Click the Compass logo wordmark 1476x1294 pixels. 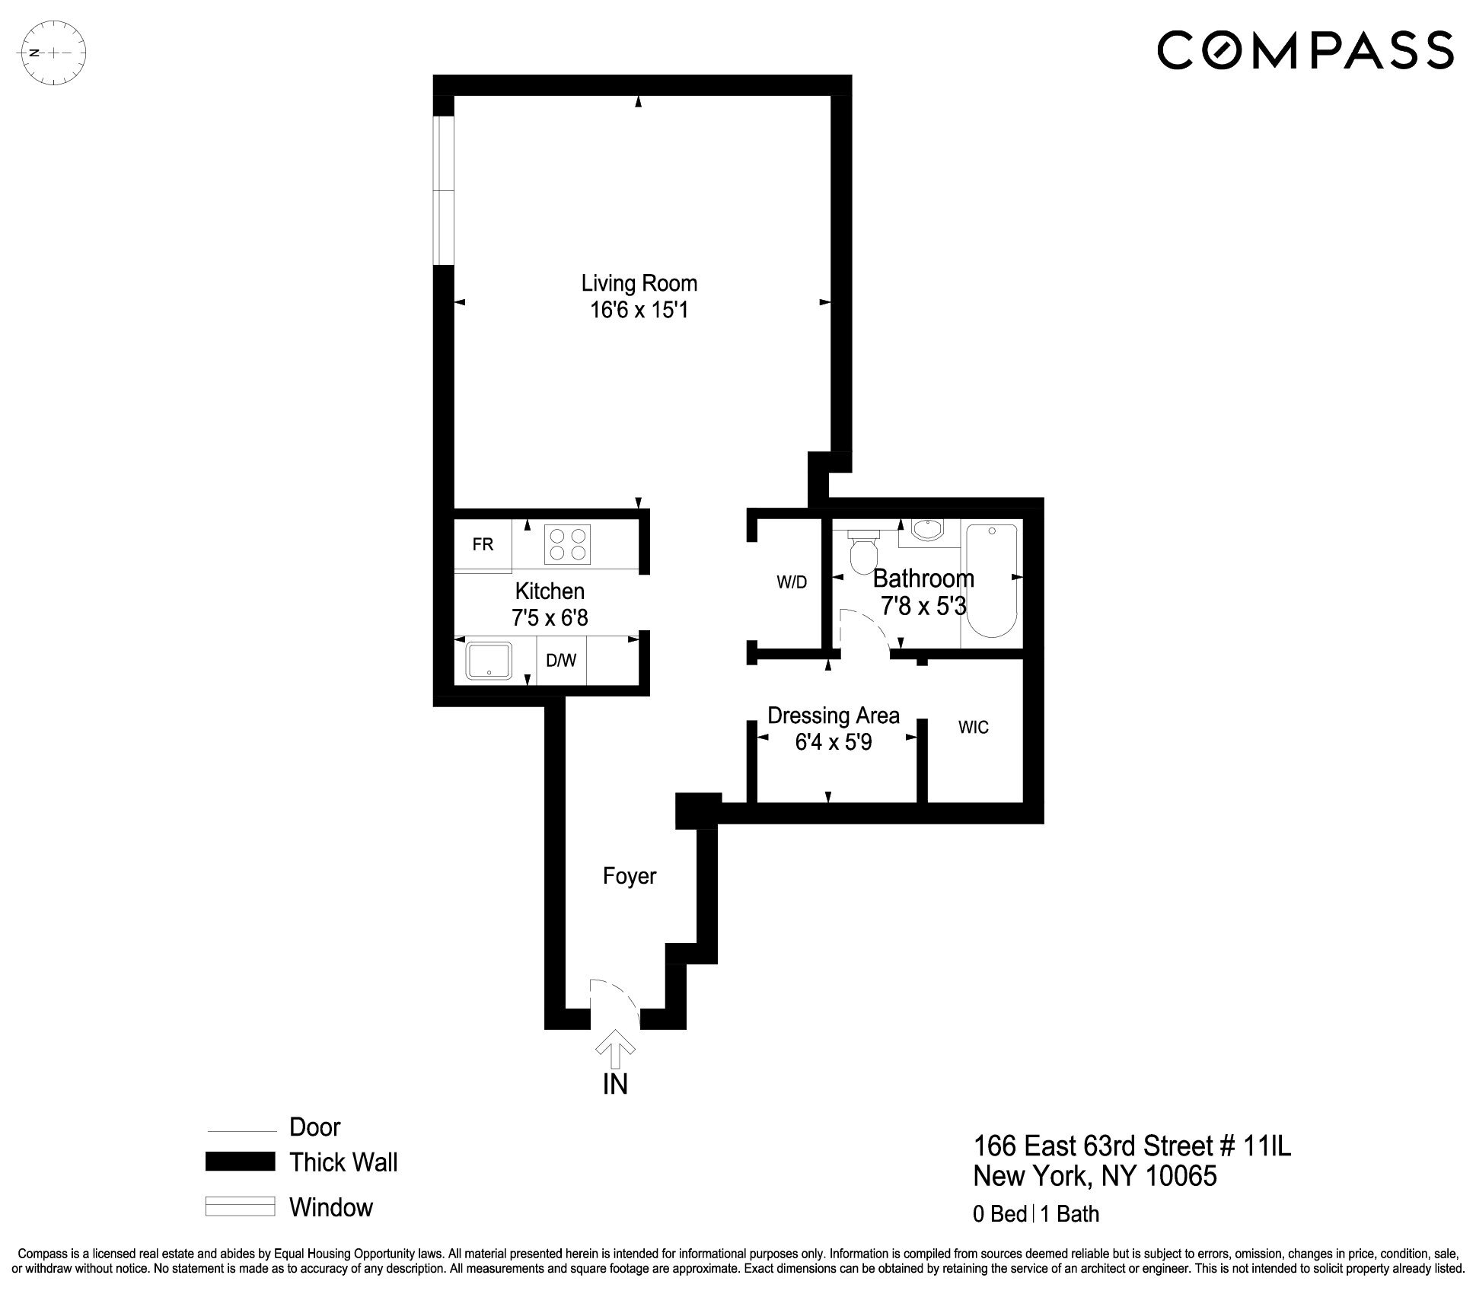[x=1305, y=50]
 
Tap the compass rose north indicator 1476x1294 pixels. [x=54, y=53]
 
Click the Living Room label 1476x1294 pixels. [x=639, y=283]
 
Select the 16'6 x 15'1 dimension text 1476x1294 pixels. [x=639, y=311]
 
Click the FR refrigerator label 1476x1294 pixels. [x=483, y=544]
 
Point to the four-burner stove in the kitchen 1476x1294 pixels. [x=567, y=544]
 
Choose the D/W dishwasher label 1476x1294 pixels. [x=561, y=661]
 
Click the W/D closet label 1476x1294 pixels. [x=792, y=582]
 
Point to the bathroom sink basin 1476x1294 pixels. [x=926, y=531]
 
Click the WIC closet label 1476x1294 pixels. [x=973, y=728]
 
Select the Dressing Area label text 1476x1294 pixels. [x=833, y=716]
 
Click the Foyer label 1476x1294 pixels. [x=629, y=876]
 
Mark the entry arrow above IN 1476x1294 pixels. [x=615, y=1052]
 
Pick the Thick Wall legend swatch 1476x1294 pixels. [x=240, y=1162]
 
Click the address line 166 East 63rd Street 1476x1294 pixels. [x=1132, y=1146]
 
